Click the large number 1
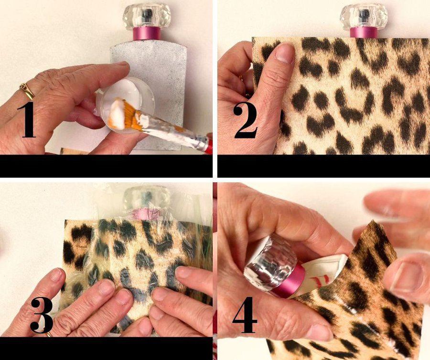(x=27, y=120)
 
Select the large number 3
(x=41, y=315)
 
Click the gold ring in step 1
(x=27, y=91)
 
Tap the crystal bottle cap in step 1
(x=147, y=16)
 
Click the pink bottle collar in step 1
(x=147, y=34)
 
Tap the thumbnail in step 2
(x=285, y=53)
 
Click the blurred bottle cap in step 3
(x=147, y=197)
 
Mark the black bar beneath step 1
(x=106, y=166)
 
